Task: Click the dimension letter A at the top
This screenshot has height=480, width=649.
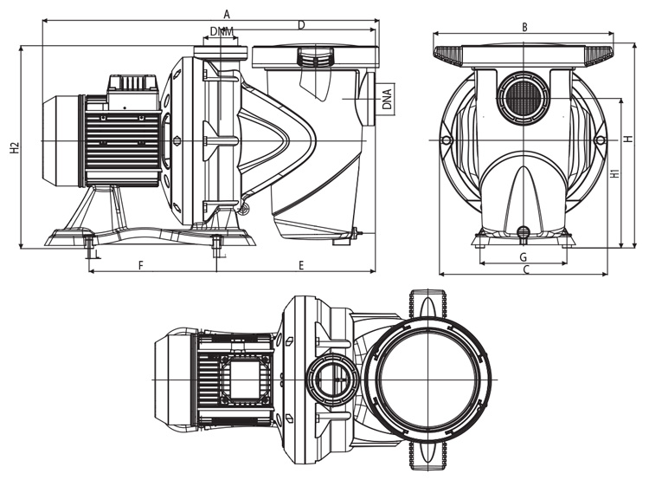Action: pos(227,13)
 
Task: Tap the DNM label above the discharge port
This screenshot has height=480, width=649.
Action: pos(222,32)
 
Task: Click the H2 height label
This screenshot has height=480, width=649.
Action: pos(15,148)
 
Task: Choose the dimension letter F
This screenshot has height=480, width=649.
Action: pos(140,264)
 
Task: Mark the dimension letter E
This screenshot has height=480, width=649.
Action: pos(301,264)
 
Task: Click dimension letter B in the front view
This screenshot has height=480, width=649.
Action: pos(524,27)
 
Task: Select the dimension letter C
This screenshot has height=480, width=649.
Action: pos(525,271)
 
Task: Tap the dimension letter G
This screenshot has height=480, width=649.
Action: pos(523,257)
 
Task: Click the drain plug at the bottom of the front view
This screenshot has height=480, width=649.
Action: pos(523,231)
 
